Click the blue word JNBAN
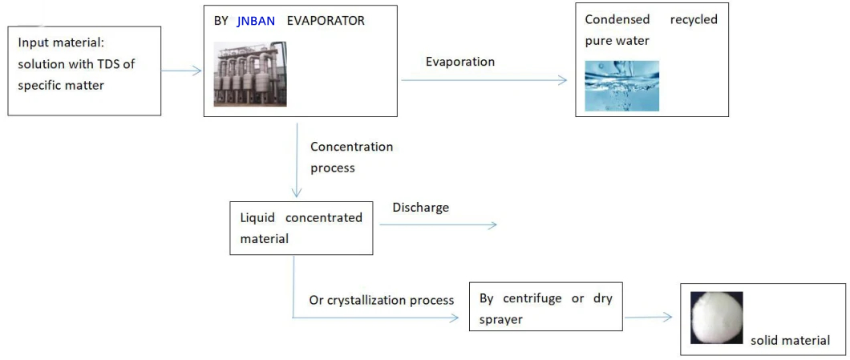tap(256, 21)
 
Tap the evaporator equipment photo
tap(250, 74)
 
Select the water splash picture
tap(621, 86)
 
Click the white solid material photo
tap(717, 318)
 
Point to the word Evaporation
tap(460, 61)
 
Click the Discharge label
tap(421, 208)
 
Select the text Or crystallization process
tap(382, 301)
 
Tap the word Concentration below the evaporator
tap(352, 147)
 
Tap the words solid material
tap(790, 341)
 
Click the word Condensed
tap(617, 20)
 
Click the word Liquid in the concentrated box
tap(256, 218)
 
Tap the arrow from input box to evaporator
tap(181, 71)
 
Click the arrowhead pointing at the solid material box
tap(668, 318)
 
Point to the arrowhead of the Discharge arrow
tap(492, 225)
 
